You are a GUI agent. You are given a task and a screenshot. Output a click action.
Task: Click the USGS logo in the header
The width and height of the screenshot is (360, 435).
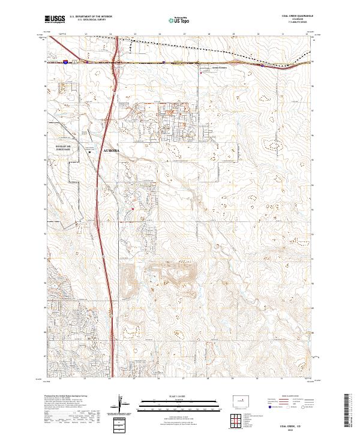pos(55,20)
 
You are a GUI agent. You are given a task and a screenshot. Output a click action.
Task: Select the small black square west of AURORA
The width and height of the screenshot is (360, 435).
pos(90,152)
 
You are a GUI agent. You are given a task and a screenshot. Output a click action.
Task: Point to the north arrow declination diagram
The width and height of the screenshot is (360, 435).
pos(121,405)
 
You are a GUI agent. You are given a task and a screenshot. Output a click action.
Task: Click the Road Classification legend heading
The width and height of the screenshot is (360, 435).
pos(289,397)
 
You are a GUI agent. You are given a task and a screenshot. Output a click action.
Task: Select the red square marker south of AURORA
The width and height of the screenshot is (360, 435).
pos(133,209)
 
